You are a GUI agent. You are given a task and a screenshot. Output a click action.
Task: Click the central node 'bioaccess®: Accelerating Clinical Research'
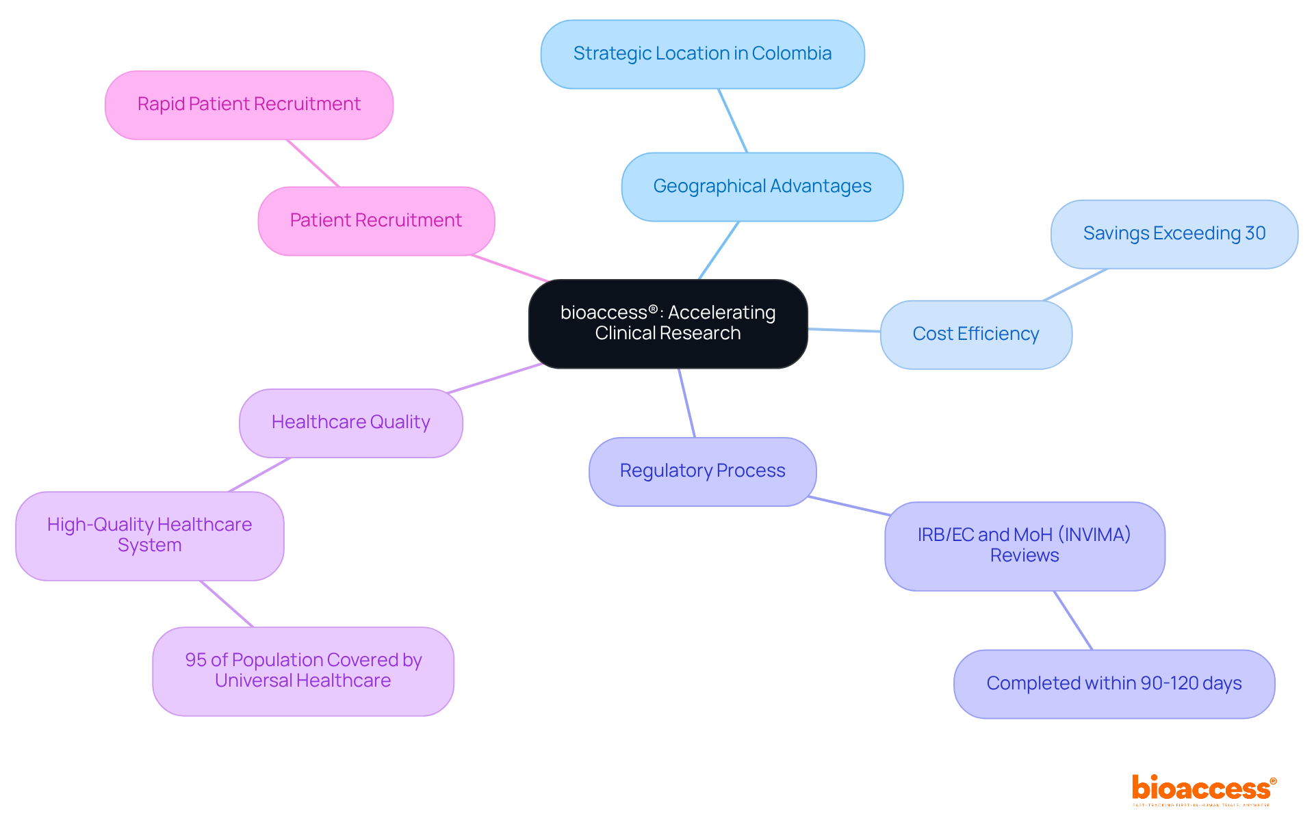click(668, 324)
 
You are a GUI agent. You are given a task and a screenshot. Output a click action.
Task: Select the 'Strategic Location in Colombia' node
click(702, 54)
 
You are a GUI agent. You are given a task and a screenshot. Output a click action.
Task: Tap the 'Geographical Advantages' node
click(762, 187)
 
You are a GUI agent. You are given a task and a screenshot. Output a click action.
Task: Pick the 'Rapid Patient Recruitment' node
click(248, 105)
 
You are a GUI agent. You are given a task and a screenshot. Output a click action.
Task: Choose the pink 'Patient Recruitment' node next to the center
click(376, 221)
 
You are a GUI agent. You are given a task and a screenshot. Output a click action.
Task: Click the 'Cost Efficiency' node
click(975, 334)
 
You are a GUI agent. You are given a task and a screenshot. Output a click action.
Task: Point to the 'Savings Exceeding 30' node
click(1174, 234)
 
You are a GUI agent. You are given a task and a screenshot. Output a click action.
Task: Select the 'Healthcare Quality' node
click(350, 423)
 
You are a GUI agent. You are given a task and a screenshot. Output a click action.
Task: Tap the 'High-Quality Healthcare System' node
click(149, 536)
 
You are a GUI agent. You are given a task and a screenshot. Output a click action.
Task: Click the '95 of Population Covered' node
click(302, 671)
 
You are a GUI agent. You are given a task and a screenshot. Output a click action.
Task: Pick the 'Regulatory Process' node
click(702, 471)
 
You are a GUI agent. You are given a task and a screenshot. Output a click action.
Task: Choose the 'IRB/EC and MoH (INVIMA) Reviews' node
click(1024, 546)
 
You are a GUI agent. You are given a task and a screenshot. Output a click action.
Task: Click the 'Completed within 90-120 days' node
click(1113, 683)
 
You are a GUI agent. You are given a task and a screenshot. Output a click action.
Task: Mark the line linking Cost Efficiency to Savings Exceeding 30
click(1074, 285)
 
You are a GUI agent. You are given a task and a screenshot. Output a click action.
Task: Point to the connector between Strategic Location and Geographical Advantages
click(733, 120)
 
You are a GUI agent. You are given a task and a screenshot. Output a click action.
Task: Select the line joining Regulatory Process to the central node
click(686, 403)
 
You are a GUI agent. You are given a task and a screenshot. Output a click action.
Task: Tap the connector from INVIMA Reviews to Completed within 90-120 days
click(1073, 620)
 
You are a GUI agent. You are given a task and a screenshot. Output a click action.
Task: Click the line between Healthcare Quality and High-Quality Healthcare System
click(259, 475)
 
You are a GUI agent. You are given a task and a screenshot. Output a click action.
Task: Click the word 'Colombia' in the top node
click(792, 53)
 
